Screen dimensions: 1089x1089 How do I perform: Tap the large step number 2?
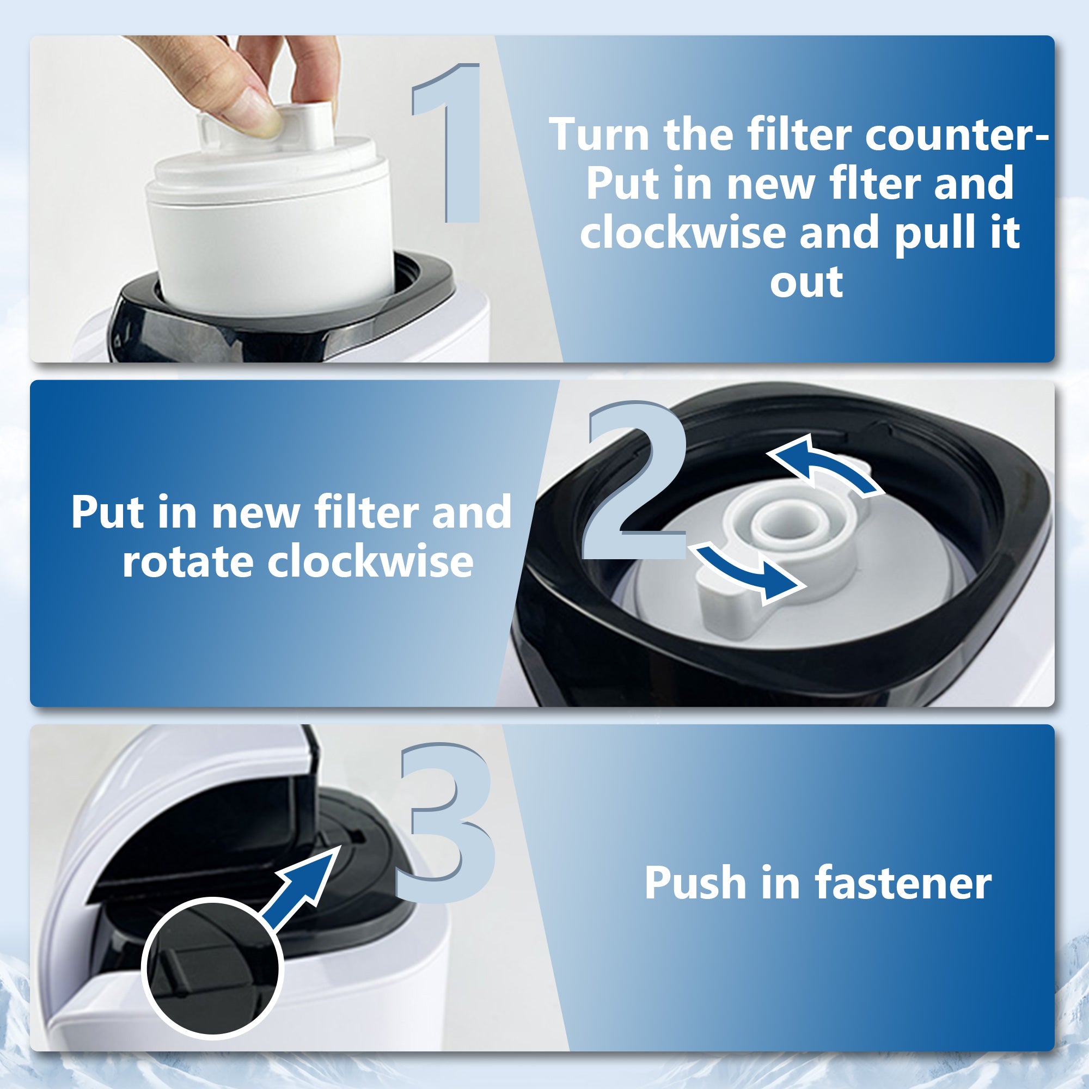coord(634,482)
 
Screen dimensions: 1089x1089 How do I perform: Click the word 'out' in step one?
coord(806,282)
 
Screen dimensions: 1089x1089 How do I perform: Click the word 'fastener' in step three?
coord(903,883)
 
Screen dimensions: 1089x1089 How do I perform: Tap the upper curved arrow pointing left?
coord(823,464)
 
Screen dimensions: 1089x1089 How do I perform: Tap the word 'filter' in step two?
coord(366,512)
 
